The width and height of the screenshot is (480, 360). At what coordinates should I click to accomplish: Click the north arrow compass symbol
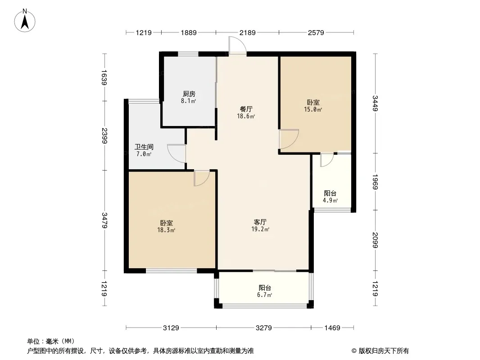tap(25, 21)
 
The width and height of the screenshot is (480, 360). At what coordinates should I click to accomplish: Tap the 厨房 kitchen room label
tap(189, 94)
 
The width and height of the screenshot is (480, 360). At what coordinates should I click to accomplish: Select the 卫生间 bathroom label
tap(144, 147)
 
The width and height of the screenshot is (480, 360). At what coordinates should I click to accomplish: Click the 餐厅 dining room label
tap(246, 109)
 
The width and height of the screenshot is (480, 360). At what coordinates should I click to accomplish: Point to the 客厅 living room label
tap(260, 222)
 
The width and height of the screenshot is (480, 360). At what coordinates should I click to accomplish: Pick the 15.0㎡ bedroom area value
tap(313, 109)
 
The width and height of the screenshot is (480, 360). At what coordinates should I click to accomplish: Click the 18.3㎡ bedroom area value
tap(166, 230)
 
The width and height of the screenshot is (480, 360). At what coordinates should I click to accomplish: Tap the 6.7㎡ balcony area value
tap(265, 295)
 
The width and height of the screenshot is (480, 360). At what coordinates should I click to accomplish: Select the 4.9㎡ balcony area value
tap(331, 201)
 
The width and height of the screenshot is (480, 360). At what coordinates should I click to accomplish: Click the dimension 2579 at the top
tap(316, 32)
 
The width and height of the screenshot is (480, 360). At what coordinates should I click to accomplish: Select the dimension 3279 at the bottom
tap(264, 328)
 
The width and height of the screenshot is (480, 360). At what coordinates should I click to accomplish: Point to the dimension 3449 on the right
tap(375, 103)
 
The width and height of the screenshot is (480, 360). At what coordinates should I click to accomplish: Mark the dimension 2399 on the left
tap(104, 136)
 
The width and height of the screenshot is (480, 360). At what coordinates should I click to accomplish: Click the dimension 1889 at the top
tap(189, 32)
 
